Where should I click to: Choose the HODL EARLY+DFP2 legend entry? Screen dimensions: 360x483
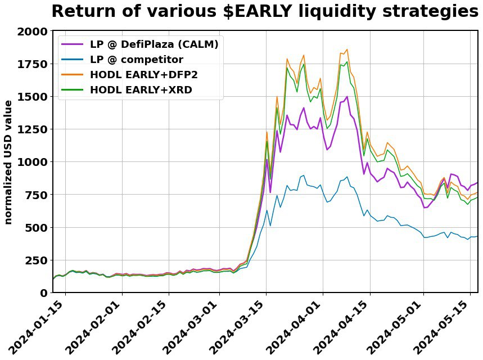[143, 74]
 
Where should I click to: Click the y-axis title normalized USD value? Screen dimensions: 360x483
[8, 162]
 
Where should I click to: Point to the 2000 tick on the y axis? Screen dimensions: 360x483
[33, 31]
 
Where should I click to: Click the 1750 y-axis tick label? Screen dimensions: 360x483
[33, 64]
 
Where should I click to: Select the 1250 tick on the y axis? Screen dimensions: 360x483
[33, 129]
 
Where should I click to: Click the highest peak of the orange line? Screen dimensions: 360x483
[346, 49]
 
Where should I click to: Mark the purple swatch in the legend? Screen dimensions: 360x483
[73, 44]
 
